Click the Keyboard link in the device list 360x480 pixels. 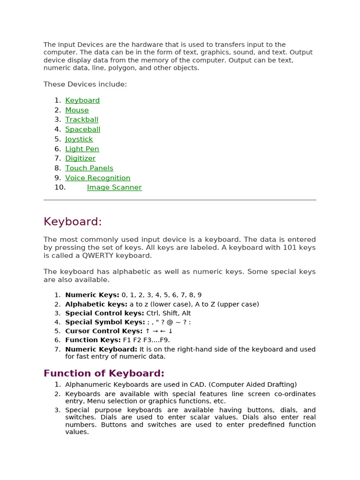[82, 100]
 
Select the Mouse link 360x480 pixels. [77, 110]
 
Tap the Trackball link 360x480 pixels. [82, 120]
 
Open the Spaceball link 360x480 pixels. [82, 129]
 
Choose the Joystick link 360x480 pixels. [79, 139]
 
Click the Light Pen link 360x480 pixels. [82, 149]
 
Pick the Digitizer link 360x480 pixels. [80, 158]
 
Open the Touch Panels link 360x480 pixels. [89, 168]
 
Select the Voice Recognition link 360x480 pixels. [97, 178]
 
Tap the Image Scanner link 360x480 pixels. [114, 187]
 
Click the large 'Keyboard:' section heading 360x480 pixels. [73, 221]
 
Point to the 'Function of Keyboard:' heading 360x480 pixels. [104, 373]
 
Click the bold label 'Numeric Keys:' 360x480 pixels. [92, 295]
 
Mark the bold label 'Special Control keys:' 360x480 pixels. [105, 313]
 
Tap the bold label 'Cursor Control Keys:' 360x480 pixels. [104, 331]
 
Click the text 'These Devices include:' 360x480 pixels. [85, 84]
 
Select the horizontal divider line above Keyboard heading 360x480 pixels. [180, 200]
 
